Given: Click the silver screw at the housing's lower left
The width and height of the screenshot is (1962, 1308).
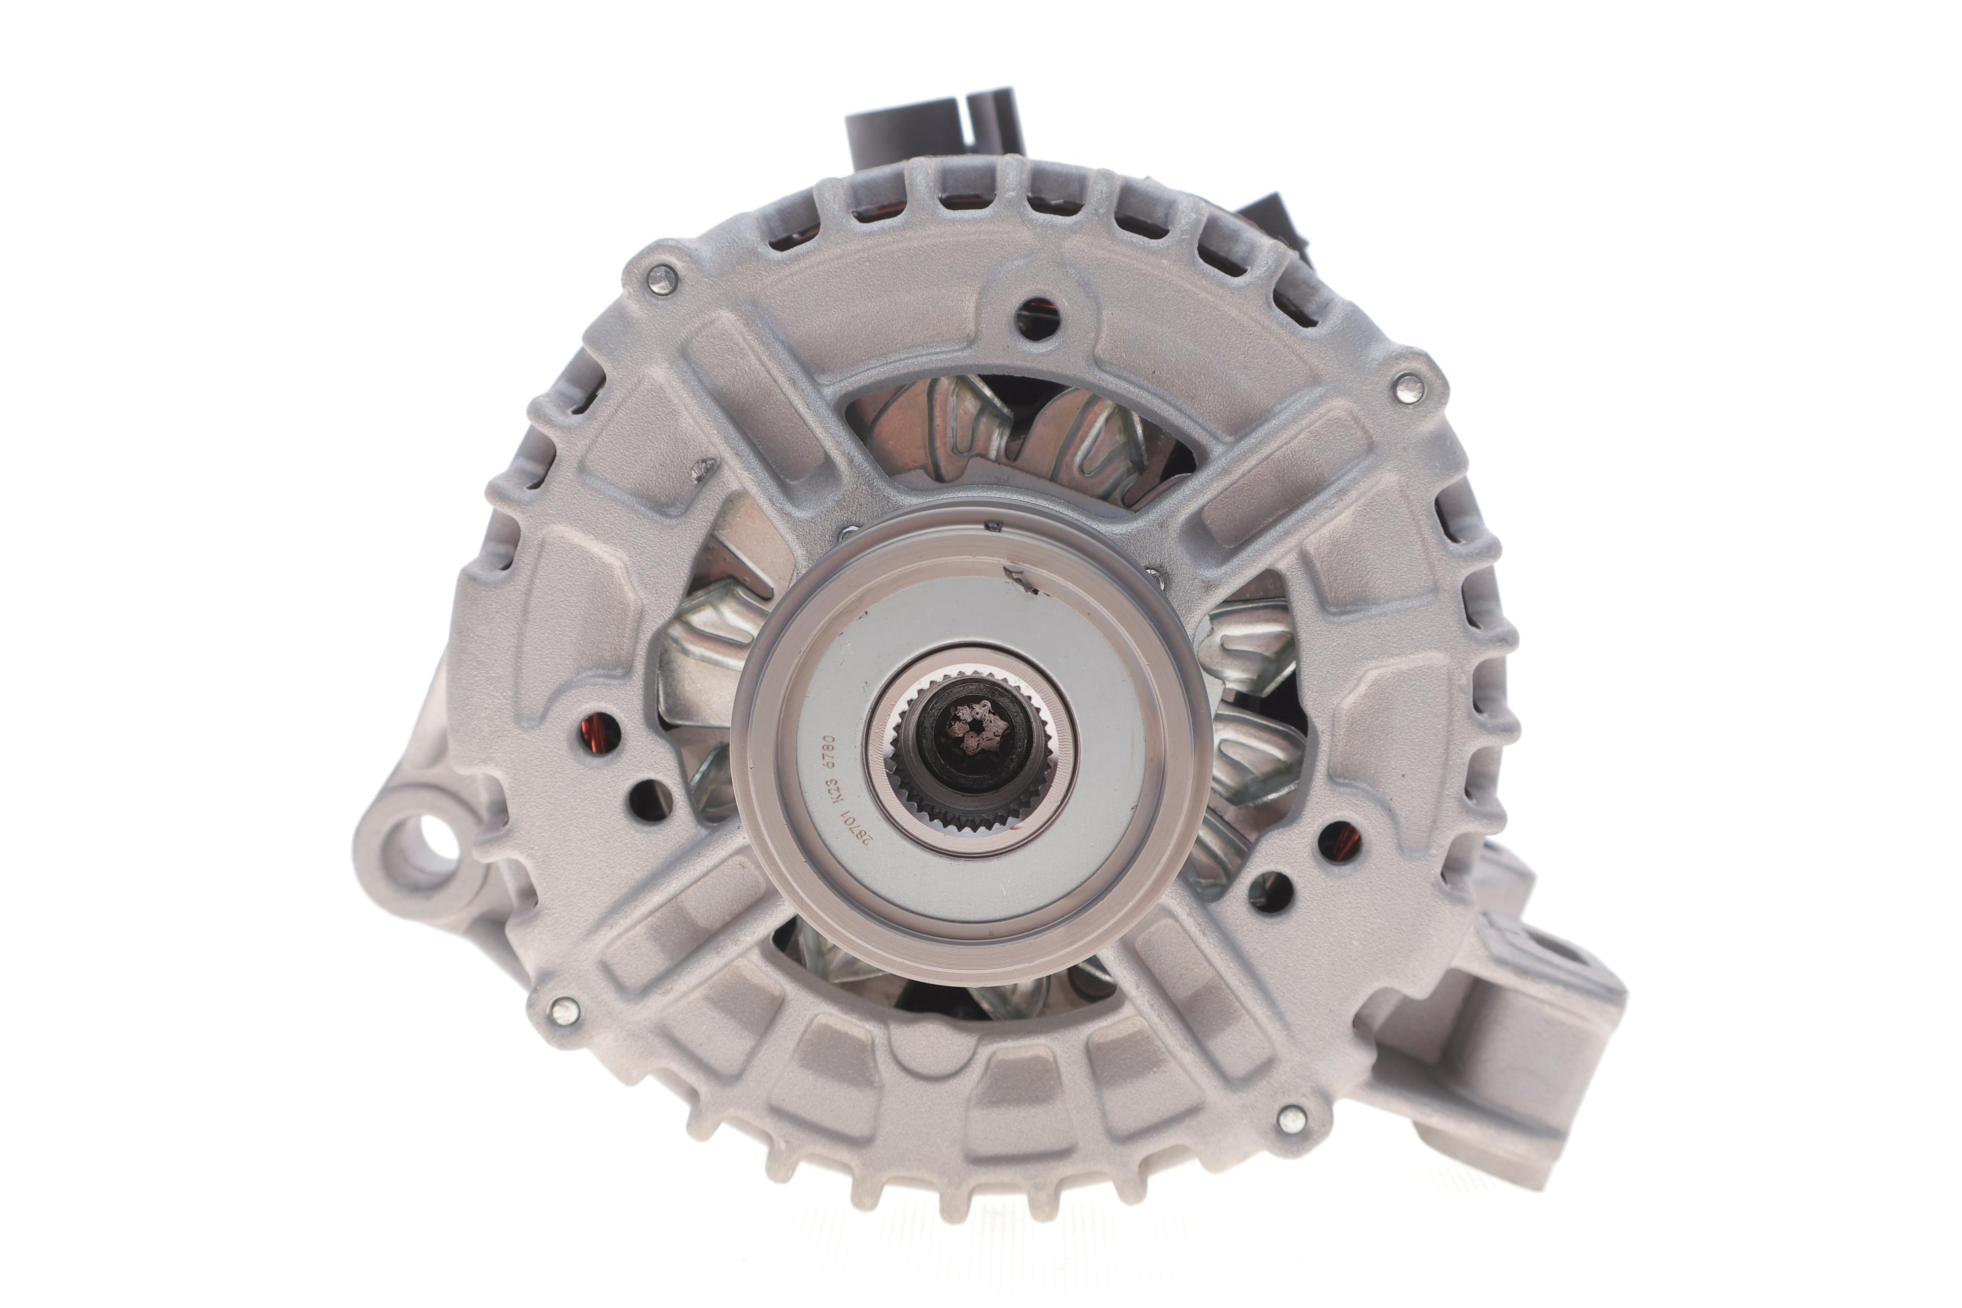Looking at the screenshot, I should pos(565,1010).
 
